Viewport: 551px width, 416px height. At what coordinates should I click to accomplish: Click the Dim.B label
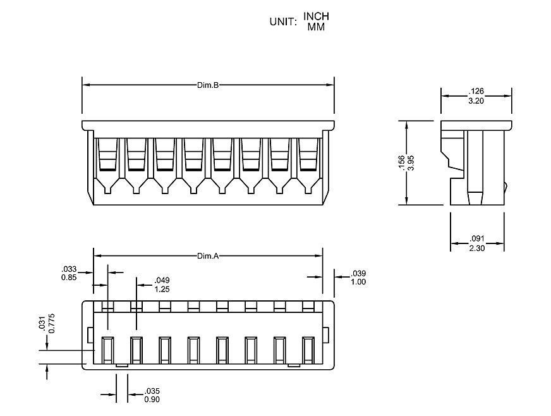coord(207,85)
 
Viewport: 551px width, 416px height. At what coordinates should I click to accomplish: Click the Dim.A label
coord(207,256)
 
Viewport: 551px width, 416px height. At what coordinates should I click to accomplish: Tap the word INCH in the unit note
coord(316,16)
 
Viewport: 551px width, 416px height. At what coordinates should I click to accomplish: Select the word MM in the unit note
coord(316,27)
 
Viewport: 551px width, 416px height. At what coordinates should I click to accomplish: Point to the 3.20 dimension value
coord(476,101)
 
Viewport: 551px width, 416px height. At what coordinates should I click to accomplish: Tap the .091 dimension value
coord(477,238)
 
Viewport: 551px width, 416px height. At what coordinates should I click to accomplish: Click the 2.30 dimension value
coord(477,248)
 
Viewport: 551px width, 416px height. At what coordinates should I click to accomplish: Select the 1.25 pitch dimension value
coord(162,289)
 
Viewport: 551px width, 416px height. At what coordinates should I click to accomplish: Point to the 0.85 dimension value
coord(70,277)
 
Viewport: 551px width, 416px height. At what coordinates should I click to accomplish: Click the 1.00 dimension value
coord(358,282)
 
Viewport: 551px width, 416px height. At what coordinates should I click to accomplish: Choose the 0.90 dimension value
coord(152,399)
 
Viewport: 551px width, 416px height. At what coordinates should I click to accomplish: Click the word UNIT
coord(283,21)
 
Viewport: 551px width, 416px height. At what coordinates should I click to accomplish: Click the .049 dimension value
coord(162,280)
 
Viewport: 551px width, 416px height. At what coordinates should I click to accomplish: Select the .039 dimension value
coord(358,273)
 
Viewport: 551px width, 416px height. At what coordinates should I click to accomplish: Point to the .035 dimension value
coord(152,390)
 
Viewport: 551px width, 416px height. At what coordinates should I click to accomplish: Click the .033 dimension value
coord(70,268)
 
